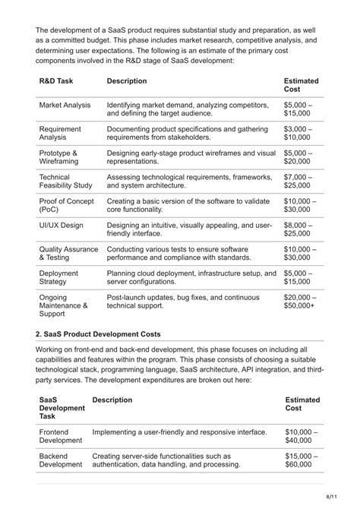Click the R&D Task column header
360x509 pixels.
pos(57,81)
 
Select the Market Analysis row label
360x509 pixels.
pos(65,105)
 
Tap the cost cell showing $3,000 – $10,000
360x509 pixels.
pos(302,134)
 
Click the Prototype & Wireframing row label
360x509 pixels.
pos(58,157)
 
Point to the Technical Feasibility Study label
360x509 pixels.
pos(65,181)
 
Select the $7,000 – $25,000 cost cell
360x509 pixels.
pos(302,181)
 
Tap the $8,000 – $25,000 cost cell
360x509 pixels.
pos(302,230)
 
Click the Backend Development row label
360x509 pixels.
pos(61,460)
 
